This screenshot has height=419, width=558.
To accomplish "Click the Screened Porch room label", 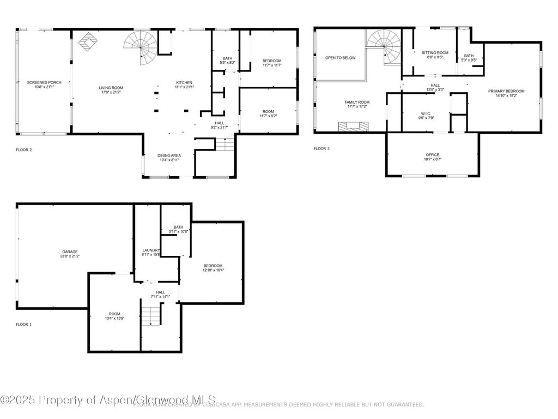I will click(44, 82).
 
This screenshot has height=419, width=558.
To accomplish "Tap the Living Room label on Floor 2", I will click(111, 87).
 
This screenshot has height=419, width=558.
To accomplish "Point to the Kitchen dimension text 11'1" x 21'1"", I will click(184, 87).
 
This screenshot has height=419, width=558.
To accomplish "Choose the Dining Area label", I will click(169, 155).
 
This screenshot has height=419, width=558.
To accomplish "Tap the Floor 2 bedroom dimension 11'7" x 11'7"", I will click(271, 65).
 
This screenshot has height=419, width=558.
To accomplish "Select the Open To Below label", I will click(341, 57).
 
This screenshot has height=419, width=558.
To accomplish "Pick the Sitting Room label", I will click(435, 52).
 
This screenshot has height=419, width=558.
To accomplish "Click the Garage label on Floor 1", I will click(70, 252).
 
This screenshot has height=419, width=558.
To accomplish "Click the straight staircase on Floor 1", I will click(152, 315).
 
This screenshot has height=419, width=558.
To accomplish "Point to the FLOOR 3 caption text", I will click(322, 148).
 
